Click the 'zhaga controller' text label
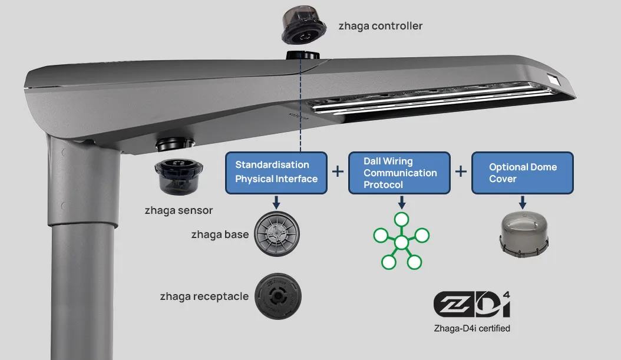click(x=380, y=26)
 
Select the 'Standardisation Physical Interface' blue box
click(x=276, y=172)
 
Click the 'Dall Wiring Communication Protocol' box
click(x=399, y=173)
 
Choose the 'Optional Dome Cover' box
click(x=523, y=173)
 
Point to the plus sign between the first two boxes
click(x=338, y=171)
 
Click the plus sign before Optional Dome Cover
click(x=461, y=171)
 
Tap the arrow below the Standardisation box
click(x=276, y=202)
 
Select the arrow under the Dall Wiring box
click(x=401, y=202)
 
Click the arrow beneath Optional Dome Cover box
click(x=523, y=202)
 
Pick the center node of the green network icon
click(x=401, y=243)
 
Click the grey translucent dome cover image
click(x=523, y=234)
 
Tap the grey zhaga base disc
click(x=276, y=235)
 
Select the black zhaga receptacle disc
click(x=276, y=296)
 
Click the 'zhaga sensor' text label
click(x=179, y=210)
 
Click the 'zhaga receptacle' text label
click(x=204, y=296)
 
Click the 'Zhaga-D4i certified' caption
click(x=471, y=328)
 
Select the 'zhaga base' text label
click(x=220, y=235)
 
